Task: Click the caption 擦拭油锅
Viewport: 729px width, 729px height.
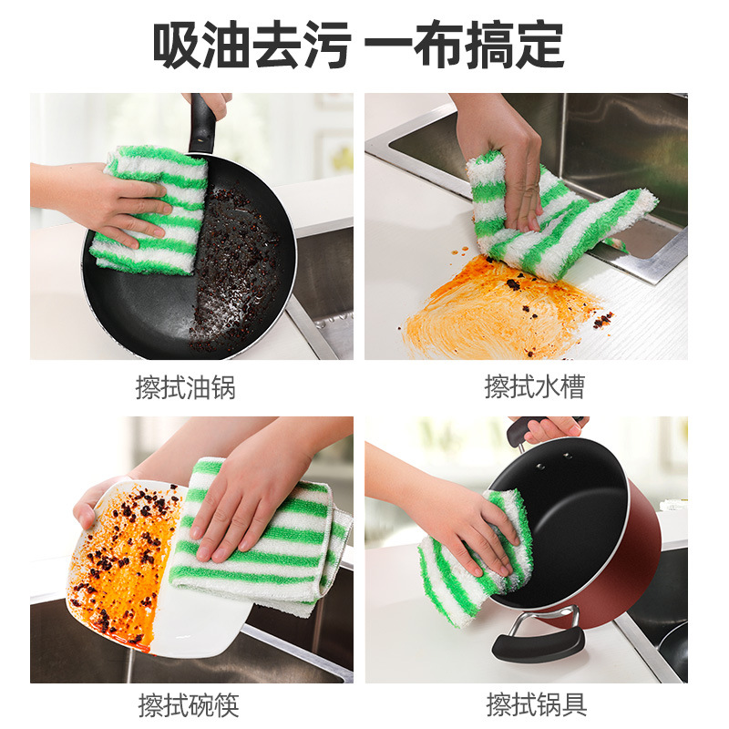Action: tap(185, 387)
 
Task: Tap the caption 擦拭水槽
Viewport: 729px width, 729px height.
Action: tap(534, 387)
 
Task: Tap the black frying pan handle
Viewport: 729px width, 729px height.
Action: tap(202, 123)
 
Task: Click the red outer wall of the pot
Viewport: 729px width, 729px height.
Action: tap(620, 565)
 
